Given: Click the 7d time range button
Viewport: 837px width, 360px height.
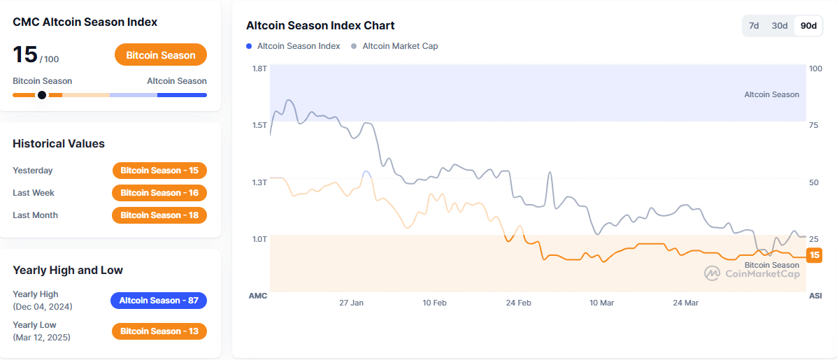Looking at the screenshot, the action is (x=754, y=26).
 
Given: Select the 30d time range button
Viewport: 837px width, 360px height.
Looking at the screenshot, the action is (x=780, y=26).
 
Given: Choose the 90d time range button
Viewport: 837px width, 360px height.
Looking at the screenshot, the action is (x=808, y=26).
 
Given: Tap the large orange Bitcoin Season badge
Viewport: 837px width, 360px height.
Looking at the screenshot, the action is (x=161, y=55).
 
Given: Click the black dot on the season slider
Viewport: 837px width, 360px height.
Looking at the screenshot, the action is (x=42, y=95).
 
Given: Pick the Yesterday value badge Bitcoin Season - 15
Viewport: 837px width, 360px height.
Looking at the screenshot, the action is (x=159, y=171).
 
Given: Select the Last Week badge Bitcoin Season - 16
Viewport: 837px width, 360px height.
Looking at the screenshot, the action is (x=159, y=193).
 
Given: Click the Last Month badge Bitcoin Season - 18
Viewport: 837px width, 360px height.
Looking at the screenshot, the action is (x=159, y=215).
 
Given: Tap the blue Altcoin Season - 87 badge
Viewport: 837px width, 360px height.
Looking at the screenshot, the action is (x=159, y=301).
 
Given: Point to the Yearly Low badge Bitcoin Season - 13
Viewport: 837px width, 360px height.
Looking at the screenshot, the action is (x=159, y=331).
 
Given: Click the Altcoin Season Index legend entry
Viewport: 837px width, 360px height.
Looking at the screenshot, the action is (x=293, y=46).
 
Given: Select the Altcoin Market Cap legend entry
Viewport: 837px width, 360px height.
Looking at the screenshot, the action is (x=394, y=46).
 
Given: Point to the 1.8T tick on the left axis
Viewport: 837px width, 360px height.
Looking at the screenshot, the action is (x=260, y=69).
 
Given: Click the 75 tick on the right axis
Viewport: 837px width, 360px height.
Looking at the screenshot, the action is (x=814, y=125).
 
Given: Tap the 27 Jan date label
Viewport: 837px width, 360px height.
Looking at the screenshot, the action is (x=351, y=303).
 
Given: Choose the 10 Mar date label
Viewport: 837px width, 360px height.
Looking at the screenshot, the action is (x=601, y=303).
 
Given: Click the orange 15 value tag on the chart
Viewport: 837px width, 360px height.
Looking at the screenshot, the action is (x=814, y=255).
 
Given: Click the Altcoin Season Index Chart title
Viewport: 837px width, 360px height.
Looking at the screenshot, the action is (x=320, y=25).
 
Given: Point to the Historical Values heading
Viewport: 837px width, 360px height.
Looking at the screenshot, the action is (x=59, y=143).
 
